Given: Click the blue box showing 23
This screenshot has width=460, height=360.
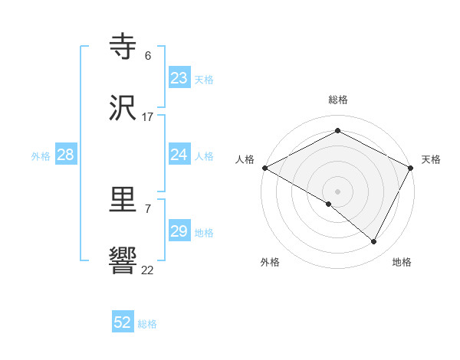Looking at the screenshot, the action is [179, 78].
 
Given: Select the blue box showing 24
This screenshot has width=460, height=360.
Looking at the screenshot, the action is [179, 155].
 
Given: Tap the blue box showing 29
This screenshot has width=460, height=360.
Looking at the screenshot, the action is [179, 232].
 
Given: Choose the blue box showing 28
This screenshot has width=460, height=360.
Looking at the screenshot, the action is [66, 155].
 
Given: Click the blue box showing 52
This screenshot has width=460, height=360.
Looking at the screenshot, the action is [123, 322].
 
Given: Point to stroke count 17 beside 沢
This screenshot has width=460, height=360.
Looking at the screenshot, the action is [148, 117].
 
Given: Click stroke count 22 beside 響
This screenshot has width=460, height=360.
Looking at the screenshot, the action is [148, 270].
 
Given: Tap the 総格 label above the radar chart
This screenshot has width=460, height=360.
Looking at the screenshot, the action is [338, 100].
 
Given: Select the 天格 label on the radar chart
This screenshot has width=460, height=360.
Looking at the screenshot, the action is [432, 159].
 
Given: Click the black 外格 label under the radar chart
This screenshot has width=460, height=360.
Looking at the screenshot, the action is [270, 263].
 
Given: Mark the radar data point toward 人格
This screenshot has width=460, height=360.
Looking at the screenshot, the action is [264, 168].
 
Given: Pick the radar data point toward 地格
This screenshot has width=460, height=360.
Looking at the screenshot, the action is [374, 242].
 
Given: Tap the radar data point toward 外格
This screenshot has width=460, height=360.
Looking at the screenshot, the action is [329, 204].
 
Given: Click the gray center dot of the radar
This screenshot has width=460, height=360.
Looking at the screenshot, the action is [338, 191].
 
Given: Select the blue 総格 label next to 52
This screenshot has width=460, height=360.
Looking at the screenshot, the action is [147, 324].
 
